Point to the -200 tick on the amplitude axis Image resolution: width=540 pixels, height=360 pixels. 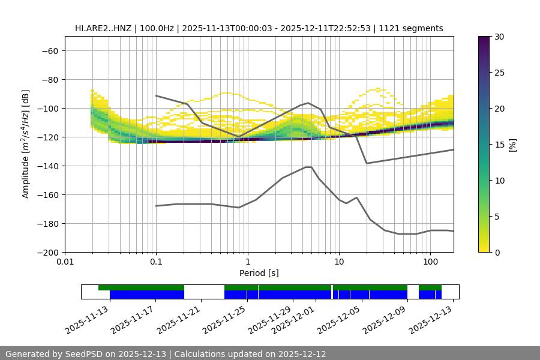(x=47, y=253)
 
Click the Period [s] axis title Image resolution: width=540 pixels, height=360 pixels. (x=259, y=273)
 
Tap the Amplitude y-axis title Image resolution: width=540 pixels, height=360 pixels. (x=25, y=144)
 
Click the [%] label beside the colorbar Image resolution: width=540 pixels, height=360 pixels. (x=512, y=145)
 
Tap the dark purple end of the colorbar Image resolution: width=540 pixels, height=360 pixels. (x=485, y=40)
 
